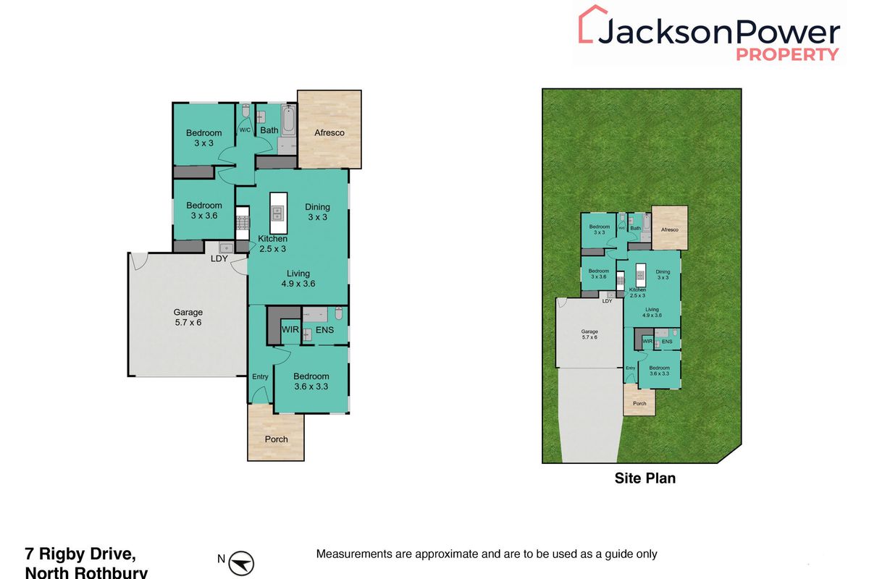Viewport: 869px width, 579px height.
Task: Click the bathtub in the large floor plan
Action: point(287,122)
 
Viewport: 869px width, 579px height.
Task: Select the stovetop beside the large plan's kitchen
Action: point(242,222)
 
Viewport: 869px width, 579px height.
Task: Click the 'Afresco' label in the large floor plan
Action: point(329,132)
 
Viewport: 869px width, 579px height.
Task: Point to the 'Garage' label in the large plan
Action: point(188,312)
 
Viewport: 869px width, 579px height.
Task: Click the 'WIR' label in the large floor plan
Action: point(290,330)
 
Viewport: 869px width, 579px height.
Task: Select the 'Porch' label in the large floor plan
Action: point(276,439)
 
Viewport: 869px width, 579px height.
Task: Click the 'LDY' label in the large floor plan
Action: point(219,258)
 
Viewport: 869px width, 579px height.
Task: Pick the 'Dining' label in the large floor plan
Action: point(317,207)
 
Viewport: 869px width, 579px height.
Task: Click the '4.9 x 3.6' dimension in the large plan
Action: point(298,284)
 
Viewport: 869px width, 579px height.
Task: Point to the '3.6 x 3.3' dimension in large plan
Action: point(311,387)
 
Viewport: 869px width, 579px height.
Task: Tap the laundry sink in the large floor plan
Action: point(225,248)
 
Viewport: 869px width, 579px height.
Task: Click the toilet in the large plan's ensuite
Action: point(338,315)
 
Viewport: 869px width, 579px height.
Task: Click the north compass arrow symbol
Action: point(244,561)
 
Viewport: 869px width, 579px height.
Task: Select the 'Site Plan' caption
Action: point(645,478)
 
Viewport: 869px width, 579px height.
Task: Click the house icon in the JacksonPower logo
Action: point(592,25)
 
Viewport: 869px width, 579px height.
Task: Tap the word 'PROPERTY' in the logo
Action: point(788,54)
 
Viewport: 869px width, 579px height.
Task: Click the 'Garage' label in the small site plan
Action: point(589,332)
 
